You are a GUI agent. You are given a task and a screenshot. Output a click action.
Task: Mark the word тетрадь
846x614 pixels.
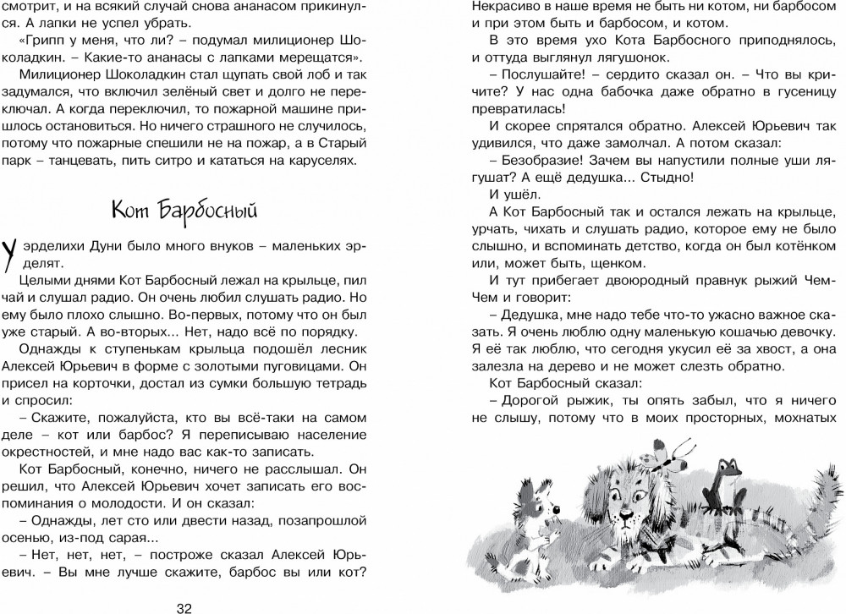(x=336, y=386)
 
